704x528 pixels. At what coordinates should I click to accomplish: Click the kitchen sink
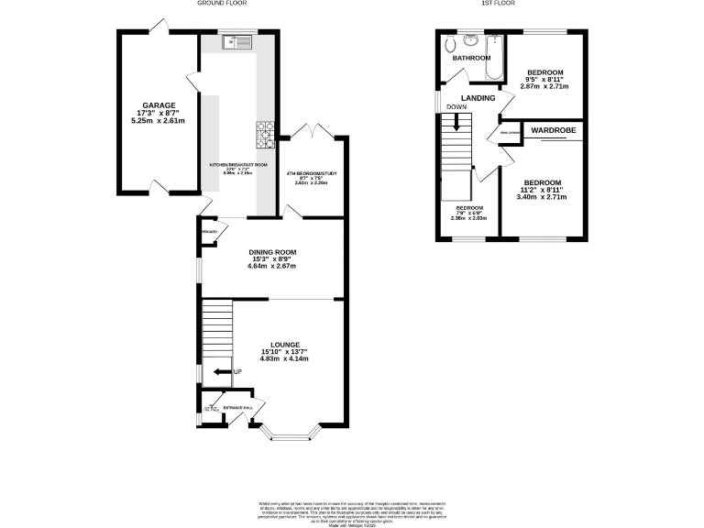(237, 41)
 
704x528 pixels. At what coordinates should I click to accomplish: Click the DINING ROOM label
(272, 251)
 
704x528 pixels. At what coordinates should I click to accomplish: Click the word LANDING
(478, 98)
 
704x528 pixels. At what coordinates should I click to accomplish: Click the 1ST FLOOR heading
(498, 4)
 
